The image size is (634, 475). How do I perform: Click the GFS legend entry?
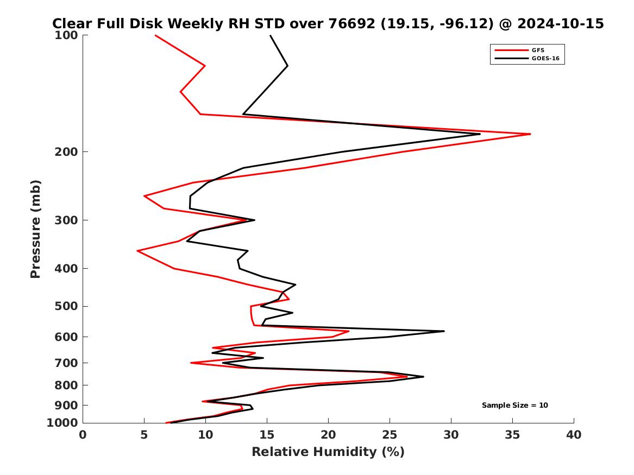pos(538,50)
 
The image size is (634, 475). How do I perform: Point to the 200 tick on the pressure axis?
pos(68,152)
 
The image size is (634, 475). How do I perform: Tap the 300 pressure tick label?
pos(68,220)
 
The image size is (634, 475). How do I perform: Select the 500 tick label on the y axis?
pos(68,306)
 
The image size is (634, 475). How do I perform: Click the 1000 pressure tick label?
pos(65,423)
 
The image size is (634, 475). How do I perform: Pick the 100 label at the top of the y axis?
pos(68,35)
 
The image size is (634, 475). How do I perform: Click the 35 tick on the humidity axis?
pos(512,435)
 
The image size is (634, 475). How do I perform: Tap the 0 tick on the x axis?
pos(83,435)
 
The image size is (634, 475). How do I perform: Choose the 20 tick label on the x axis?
pos(328,435)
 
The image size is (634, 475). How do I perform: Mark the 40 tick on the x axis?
pos(574,435)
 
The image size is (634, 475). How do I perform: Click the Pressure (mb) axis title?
pos(36,229)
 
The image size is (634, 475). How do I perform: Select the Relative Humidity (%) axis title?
pos(328,452)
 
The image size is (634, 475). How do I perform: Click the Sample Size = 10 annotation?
pos(514,406)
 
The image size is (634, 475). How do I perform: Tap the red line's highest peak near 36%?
pos(530,134)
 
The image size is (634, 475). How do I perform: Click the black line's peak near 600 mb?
pos(444,331)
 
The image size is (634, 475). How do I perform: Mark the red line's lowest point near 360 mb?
pos(137,251)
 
